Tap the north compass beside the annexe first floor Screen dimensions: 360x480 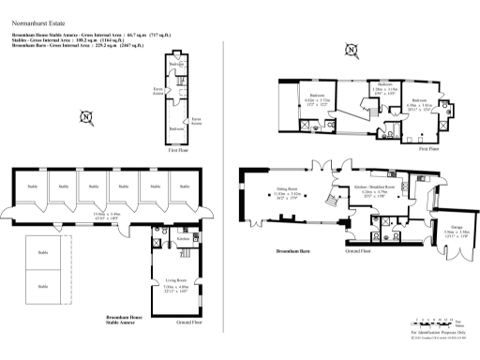point(85,117)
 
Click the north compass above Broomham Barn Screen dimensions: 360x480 point(351,49)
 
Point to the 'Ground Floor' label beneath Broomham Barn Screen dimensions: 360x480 point(358,252)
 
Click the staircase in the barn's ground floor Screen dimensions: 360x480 point(330,199)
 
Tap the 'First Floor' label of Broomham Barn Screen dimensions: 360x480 point(427,148)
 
